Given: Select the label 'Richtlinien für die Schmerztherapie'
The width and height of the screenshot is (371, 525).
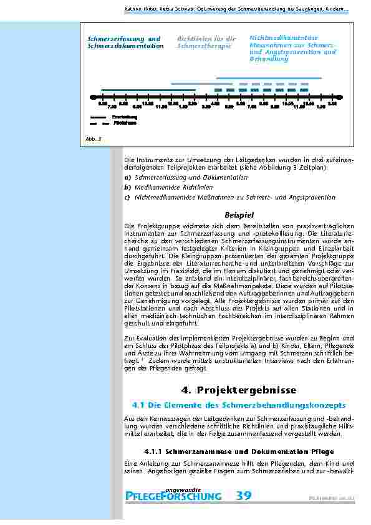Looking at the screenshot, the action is (206, 42).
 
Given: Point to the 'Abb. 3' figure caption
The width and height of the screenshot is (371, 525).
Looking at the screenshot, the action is (91, 138).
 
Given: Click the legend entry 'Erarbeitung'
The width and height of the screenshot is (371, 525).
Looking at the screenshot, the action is (124, 117).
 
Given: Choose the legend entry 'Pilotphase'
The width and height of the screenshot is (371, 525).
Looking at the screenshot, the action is (124, 123).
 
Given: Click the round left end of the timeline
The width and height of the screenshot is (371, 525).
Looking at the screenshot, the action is (92, 97).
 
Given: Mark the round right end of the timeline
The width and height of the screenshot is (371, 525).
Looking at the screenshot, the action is (339, 97).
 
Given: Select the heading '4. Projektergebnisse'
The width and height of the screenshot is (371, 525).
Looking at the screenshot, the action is (238, 390).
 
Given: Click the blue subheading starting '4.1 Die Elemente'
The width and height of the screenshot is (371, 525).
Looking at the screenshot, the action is (238, 405).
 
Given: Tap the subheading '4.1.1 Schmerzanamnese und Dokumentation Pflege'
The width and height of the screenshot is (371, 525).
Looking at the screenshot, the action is (238, 450).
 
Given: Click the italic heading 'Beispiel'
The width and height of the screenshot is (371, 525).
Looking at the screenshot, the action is (239, 214).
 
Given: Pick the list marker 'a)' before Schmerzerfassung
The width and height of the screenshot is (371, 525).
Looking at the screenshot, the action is (127, 178).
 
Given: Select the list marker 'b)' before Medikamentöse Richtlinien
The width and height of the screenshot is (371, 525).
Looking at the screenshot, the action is (127, 187).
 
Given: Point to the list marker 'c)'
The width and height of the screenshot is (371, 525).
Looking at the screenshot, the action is (127, 197).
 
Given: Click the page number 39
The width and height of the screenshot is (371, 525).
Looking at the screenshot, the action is (244, 496).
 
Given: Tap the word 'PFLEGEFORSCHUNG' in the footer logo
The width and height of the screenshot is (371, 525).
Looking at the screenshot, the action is (173, 497).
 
